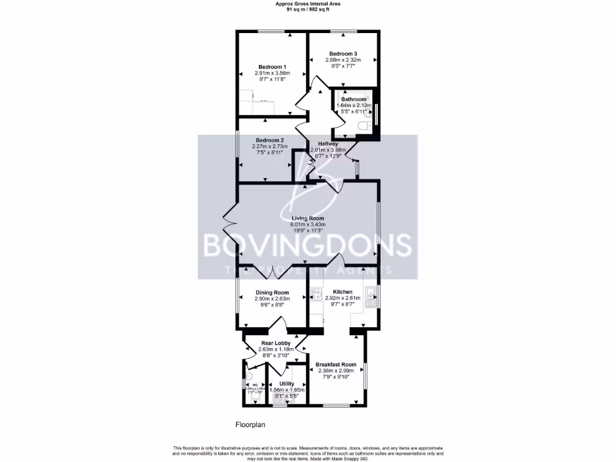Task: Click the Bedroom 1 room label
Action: coord(272,67)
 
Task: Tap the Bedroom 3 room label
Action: coord(343,54)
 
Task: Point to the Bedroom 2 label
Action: coord(269,140)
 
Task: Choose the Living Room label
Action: coord(308,218)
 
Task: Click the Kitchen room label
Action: coord(342,292)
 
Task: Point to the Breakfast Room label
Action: coord(336,365)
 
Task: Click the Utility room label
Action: coord(287,384)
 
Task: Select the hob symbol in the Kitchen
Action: coord(315,295)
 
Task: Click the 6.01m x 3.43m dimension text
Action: coord(308,224)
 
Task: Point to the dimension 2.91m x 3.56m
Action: coord(273,73)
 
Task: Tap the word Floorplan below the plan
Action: coord(250,425)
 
